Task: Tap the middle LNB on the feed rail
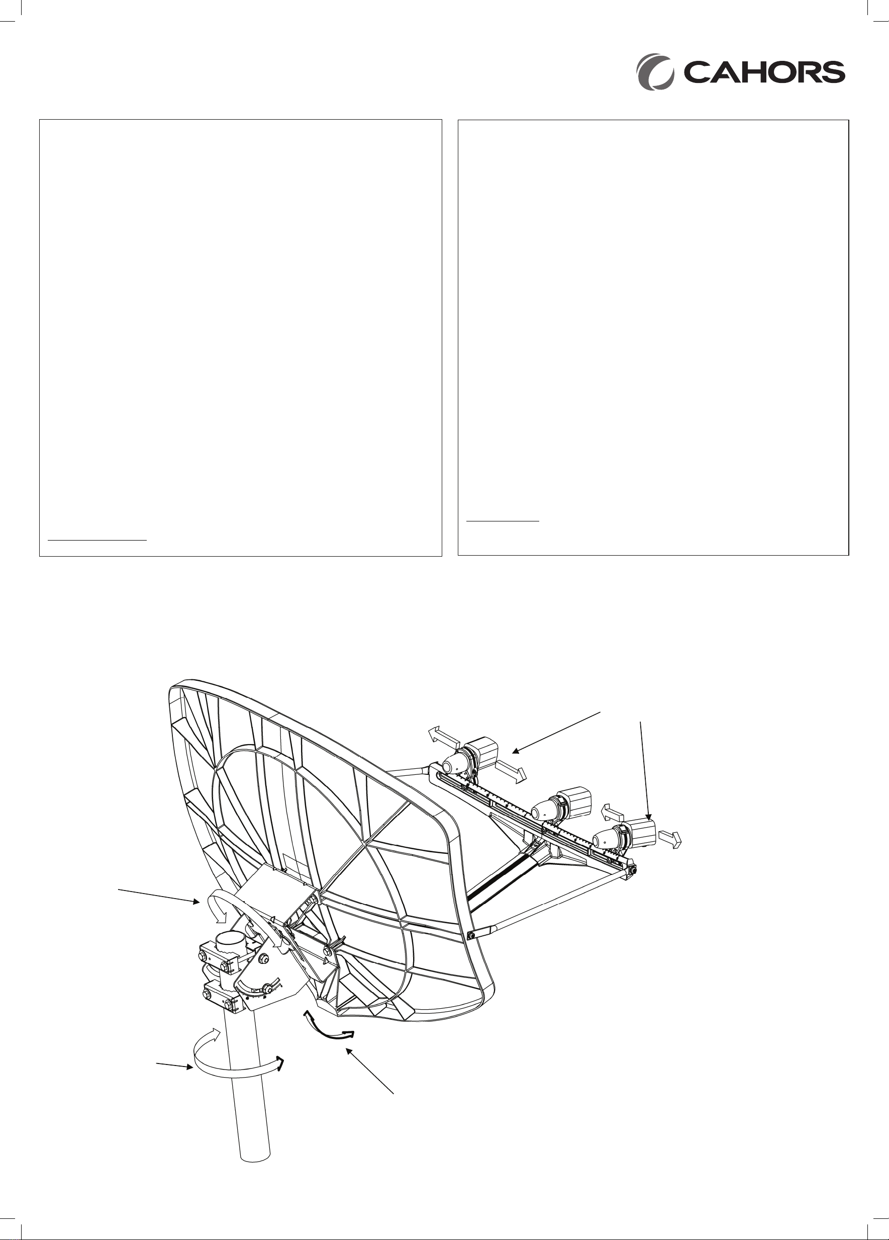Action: tap(562, 804)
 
